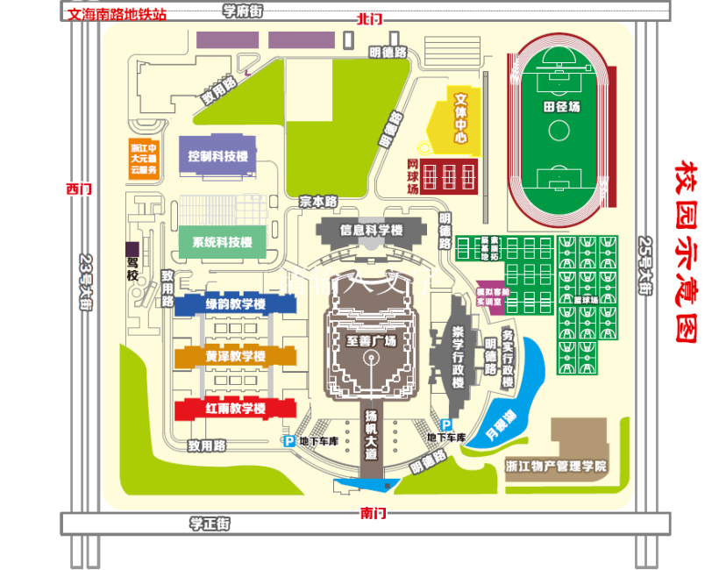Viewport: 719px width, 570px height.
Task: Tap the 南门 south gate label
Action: (373, 513)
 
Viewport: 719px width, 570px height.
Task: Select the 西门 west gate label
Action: (78, 189)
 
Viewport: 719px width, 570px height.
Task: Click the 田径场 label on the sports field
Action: (561, 107)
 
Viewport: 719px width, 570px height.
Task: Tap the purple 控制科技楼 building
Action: (217, 156)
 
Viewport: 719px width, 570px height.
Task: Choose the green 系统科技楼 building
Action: (222, 242)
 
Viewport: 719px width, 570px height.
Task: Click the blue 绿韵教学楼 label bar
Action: (234, 304)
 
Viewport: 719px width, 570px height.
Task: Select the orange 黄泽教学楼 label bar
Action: (235, 357)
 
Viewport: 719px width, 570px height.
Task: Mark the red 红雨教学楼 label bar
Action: (235, 409)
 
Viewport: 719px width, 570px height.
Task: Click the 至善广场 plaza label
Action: (371, 340)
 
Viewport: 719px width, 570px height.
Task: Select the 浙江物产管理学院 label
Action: (556, 466)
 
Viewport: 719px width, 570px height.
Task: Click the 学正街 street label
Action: (210, 524)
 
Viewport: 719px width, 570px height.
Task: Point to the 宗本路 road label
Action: (318, 201)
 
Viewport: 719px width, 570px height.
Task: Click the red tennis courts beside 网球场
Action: (450, 176)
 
